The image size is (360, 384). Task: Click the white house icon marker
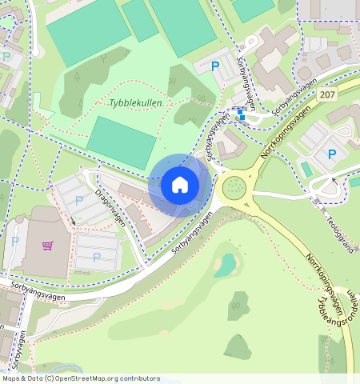coord(180,185)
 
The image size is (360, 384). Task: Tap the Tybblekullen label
coord(135,103)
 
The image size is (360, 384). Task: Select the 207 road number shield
coord(327,94)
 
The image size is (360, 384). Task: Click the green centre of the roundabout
coord(234,187)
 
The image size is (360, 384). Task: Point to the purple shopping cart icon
coord(48,245)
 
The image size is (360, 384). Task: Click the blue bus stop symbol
coord(241,115)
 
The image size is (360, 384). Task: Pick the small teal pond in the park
coord(227,264)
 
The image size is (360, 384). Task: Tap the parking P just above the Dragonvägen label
coord(78,199)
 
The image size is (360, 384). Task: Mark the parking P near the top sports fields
coord(214,67)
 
